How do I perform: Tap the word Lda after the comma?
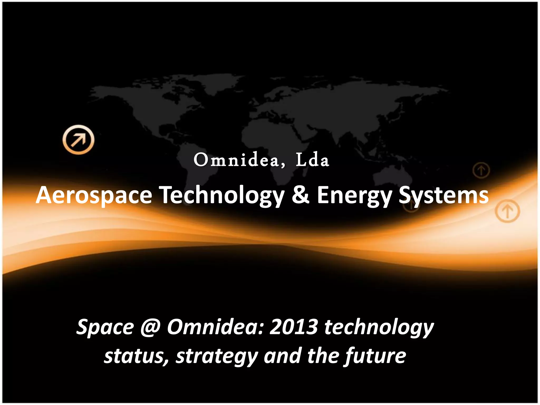[312, 160]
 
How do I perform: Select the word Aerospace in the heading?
[94, 195]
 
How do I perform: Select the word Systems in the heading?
[443, 195]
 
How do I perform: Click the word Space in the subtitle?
[105, 327]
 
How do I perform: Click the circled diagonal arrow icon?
[78, 139]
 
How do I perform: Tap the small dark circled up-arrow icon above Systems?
[481, 171]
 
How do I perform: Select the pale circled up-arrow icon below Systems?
[507, 211]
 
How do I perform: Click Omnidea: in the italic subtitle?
[215, 327]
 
